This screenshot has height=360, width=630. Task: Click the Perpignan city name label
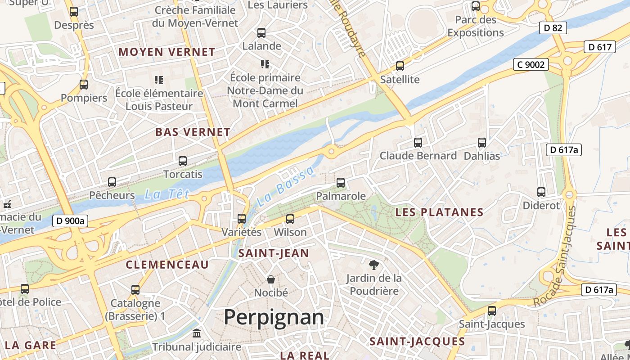tap(274, 317)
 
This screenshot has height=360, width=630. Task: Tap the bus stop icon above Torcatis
tap(183, 161)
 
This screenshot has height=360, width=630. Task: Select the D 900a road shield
tap(71, 221)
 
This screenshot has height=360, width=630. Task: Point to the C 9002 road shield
tap(531, 65)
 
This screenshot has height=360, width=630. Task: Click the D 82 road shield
tap(553, 28)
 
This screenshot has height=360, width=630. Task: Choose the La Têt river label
tap(166, 194)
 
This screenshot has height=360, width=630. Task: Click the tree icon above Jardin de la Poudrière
tap(373, 264)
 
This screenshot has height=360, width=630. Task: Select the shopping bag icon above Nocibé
tap(271, 279)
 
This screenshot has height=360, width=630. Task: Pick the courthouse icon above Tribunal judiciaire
tap(197, 334)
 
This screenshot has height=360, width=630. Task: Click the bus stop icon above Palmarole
tap(341, 183)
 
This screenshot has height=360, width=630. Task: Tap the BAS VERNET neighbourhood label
tap(193, 132)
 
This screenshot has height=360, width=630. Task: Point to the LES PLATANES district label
tap(439, 212)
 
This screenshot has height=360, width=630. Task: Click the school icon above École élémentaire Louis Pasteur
tap(158, 80)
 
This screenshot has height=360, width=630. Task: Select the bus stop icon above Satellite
tap(400, 66)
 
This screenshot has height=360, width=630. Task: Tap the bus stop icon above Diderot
tap(541, 192)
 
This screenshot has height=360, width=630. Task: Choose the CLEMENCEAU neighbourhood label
tap(167, 265)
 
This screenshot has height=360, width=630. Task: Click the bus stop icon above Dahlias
tap(482, 143)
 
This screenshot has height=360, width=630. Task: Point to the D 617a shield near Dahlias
tap(564, 150)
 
